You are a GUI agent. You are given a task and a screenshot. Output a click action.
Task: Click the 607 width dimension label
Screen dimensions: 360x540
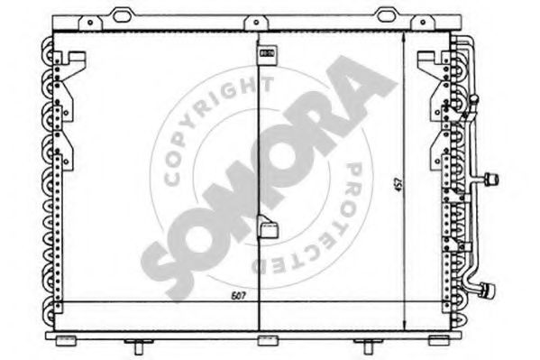[238, 296]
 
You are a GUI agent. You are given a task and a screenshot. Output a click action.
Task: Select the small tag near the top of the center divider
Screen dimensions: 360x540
[268, 54]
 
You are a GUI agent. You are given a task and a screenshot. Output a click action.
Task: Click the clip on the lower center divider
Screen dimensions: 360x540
[268, 230]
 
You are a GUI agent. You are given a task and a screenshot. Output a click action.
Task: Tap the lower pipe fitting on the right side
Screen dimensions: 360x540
[489, 289]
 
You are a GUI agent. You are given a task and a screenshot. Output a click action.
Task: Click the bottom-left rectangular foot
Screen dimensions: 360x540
[64, 339]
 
